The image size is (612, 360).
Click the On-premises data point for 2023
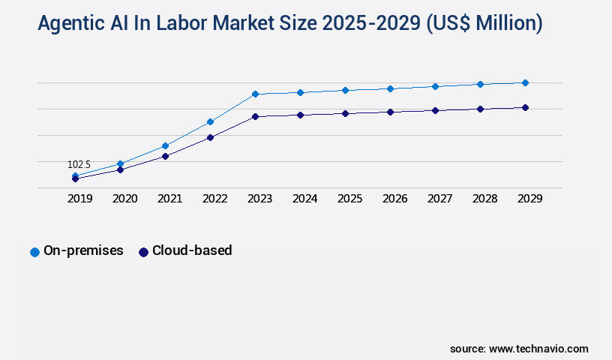255,94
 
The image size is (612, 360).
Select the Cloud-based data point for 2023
255,116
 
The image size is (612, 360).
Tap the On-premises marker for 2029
525,82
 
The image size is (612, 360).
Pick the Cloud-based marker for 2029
525,107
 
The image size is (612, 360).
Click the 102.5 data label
79,164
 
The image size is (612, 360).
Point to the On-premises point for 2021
165,145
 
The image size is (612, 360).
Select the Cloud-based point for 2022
210,137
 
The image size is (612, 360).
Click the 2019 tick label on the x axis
80,199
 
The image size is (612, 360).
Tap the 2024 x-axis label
305,199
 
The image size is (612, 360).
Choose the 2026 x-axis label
395,199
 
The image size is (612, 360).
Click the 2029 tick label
530,199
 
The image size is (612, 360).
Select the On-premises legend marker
34,252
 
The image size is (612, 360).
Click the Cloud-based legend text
192,250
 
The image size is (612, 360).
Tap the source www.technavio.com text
519,349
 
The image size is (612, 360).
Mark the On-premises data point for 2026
390,88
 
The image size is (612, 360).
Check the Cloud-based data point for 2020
120,169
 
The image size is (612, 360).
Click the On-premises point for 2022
210,121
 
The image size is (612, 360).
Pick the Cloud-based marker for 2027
435,110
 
